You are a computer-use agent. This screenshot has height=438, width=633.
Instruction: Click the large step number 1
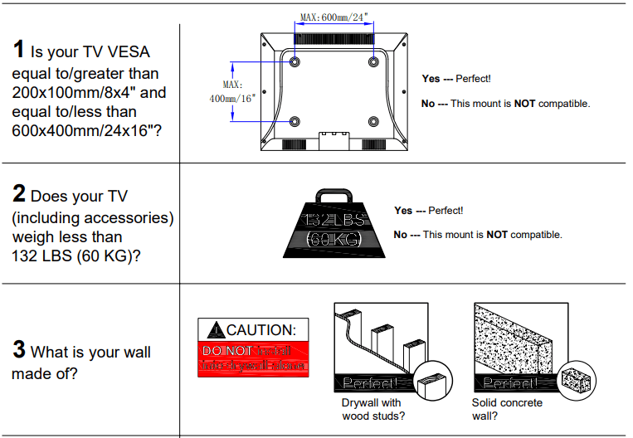pos(19,50)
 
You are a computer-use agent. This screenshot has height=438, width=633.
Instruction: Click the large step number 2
pos(19,195)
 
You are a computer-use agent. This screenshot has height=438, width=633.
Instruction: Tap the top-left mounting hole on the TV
pos(295,61)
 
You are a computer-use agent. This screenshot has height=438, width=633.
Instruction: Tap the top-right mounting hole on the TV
pos(372,61)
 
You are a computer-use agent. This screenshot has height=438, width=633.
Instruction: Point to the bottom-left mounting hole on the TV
pos(295,121)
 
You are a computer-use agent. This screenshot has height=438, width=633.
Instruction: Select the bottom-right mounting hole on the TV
pos(372,121)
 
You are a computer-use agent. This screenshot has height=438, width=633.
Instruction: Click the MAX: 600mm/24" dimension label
pos(334,16)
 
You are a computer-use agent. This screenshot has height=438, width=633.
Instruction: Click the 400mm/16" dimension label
pos(232,99)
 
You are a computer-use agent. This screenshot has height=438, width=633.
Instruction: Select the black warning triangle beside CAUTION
pos(216,330)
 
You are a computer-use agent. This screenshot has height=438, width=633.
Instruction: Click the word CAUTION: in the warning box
pos(261,330)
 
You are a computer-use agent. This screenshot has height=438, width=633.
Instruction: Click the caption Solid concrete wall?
pos(507,409)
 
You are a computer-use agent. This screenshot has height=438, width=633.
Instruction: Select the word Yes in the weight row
pos(403,211)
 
